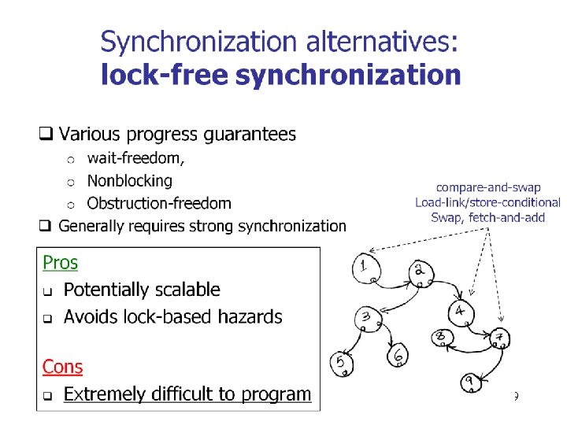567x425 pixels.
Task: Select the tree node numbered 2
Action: (x=420, y=272)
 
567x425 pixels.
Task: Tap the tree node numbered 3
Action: (x=367, y=318)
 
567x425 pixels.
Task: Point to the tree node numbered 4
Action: (x=461, y=312)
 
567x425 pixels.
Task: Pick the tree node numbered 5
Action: (x=341, y=363)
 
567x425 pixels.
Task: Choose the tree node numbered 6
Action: (x=398, y=355)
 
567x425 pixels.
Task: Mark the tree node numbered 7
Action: (x=500, y=338)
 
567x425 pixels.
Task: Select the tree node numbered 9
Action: (x=470, y=381)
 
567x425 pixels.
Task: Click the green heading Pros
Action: (x=60, y=262)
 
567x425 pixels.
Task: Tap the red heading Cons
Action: (x=62, y=366)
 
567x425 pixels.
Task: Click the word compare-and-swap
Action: (x=487, y=187)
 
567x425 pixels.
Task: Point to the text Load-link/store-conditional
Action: (x=488, y=202)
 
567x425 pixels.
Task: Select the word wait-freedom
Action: (x=135, y=158)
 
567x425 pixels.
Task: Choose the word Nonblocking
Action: (x=129, y=180)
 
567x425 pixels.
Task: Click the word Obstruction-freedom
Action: (x=159, y=203)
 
